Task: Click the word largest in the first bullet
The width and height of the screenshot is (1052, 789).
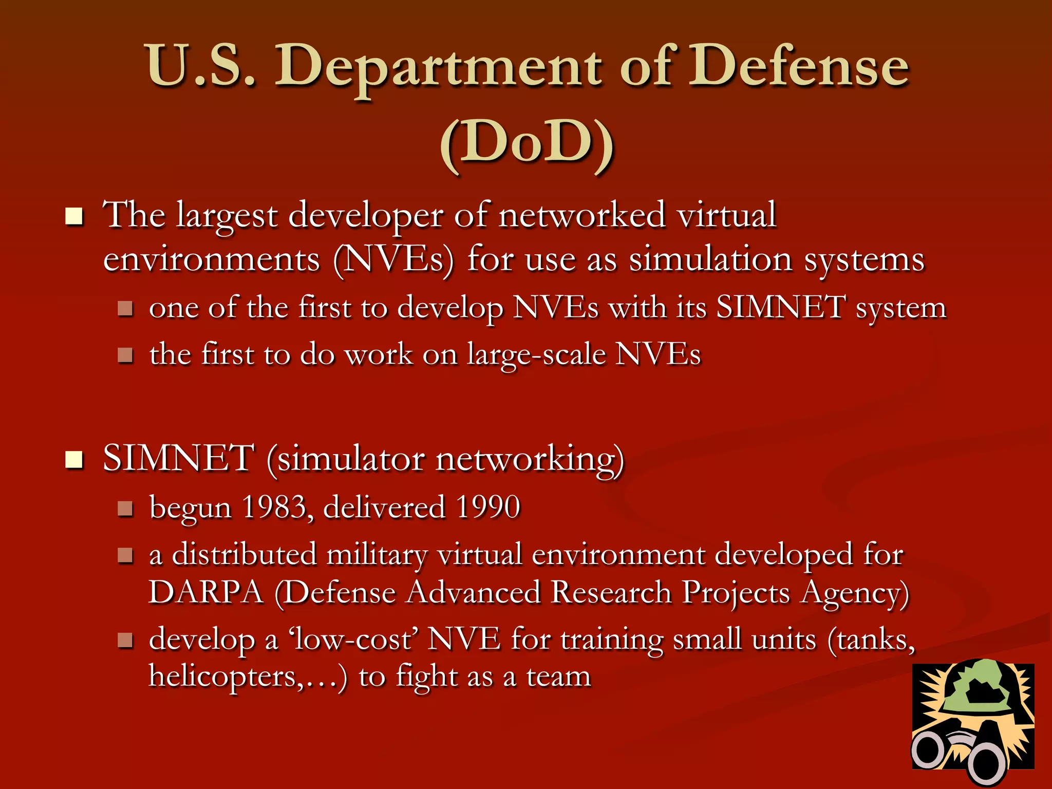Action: coord(226,216)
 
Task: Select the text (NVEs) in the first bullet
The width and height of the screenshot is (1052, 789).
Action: coord(393,259)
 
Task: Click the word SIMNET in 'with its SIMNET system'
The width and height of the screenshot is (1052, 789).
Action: coord(781,308)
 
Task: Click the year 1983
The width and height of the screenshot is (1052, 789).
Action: coord(275,508)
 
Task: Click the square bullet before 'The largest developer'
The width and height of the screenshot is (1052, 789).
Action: coord(74,217)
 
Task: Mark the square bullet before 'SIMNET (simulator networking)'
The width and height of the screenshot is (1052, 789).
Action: coord(74,460)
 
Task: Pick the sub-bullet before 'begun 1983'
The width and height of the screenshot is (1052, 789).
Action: coord(125,509)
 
